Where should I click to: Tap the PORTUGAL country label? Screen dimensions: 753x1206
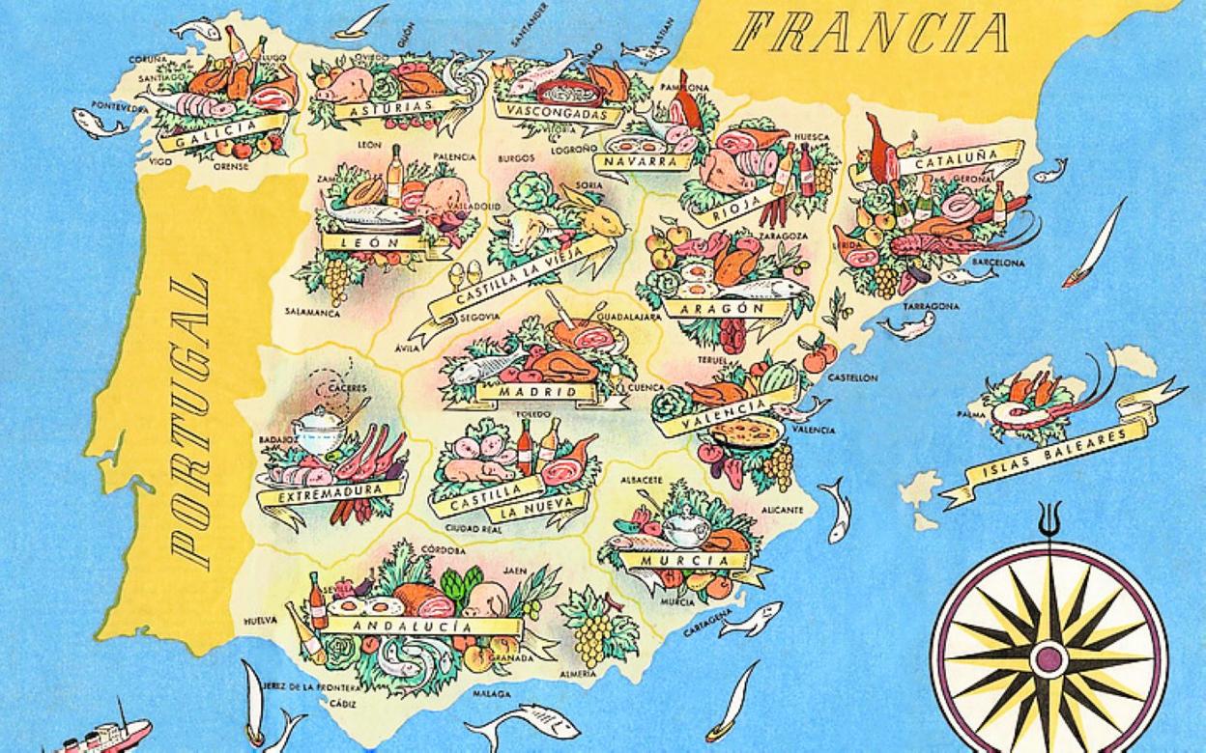pyautogui.click(x=189, y=421)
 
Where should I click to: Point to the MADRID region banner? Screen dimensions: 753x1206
pyautogui.click(x=537, y=392)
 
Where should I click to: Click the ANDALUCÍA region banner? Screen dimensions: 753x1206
pyautogui.click(x=416, y=626)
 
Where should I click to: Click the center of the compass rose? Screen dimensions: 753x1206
pyautogui.click(x=1048, y=659)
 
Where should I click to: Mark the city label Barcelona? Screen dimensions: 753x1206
pyautogui.click(x=997, y=263)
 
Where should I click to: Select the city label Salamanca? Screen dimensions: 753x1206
pyautogui.click(x=312, y=313)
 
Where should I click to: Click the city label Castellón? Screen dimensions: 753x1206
pyautogui.click(x=852, y=377)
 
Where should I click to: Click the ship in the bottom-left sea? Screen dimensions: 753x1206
pyautogui.click(x=106, y=736)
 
